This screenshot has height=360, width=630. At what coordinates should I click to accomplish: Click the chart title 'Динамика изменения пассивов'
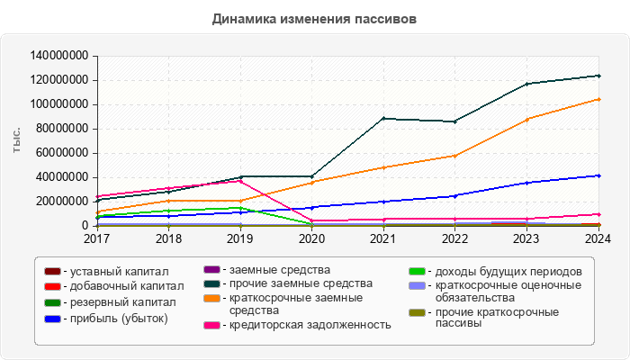coord(314,18)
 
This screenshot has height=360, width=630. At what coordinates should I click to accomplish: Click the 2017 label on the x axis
coord(97,239)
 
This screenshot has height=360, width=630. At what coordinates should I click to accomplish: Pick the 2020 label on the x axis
coord(311,239)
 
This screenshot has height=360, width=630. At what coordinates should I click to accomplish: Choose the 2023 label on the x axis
coord(526,239)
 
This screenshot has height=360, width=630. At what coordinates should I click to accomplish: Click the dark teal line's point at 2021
coord(383,118)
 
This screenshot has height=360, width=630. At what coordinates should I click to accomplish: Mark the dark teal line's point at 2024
coord(598,76)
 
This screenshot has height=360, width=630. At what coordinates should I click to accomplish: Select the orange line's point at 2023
coord(526,119)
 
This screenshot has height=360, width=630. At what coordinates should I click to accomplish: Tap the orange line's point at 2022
coord(455,156)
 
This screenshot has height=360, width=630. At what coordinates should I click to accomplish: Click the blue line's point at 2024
coord(598,175)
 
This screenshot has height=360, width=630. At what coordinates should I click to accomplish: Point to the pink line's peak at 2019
coord(240,181)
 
